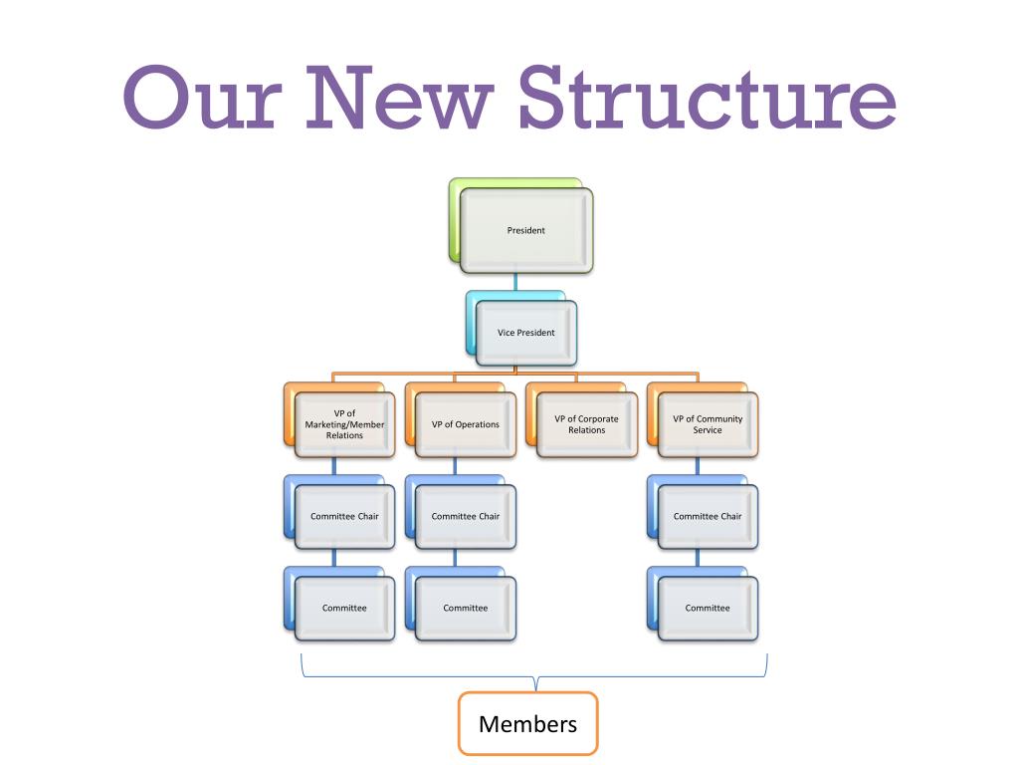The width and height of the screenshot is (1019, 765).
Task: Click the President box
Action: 526,230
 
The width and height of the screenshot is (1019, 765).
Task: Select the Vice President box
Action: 526,333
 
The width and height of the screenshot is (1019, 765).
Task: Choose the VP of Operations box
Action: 466,424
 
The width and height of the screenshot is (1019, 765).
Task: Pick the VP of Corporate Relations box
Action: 587,424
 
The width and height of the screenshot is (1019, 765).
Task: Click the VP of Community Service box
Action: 708,424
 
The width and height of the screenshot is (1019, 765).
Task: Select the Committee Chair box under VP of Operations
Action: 466,516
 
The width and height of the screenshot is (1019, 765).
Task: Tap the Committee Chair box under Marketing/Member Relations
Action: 344,516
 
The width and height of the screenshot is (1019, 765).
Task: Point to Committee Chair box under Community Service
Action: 708,516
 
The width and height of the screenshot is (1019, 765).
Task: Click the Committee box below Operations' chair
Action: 466,608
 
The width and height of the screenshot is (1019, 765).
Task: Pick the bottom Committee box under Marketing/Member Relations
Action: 344,608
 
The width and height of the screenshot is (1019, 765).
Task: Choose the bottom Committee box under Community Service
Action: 708,608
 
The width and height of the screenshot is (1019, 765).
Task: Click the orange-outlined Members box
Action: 527,724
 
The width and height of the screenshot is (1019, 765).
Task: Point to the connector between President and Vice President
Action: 515,282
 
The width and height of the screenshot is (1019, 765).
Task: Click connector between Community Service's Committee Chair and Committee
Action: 697,558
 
